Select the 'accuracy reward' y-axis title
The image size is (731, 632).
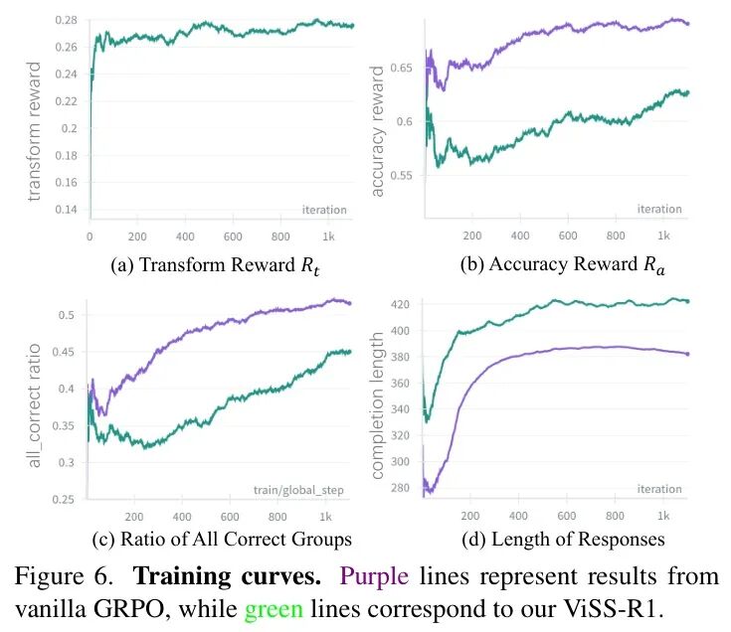[378, 131]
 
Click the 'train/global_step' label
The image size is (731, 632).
[304, 490]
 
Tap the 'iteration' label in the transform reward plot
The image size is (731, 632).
[324, 210]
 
